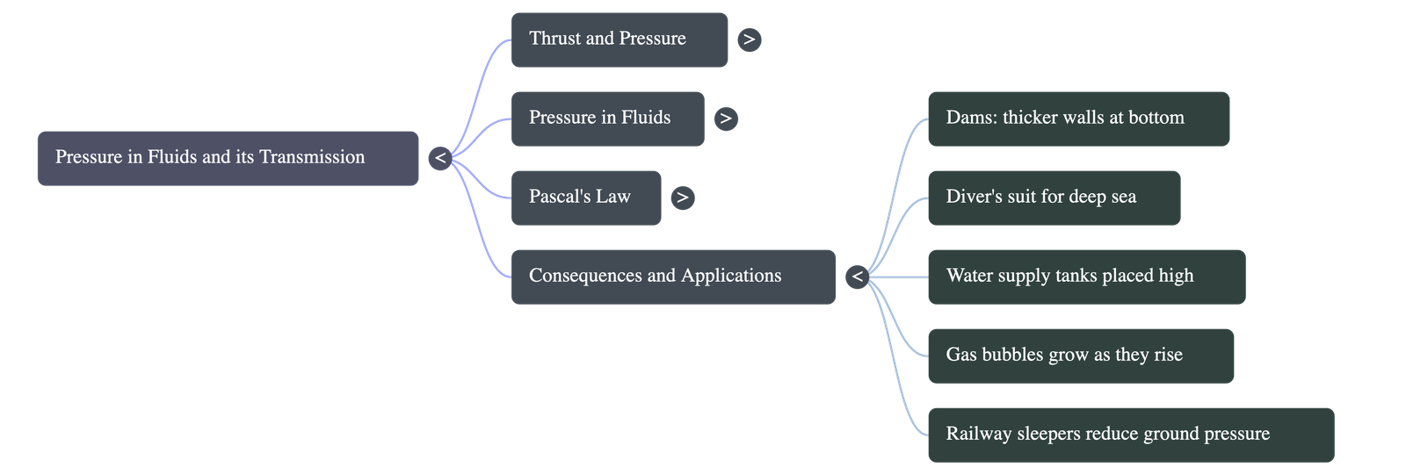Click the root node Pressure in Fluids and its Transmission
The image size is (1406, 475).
pos(228,158)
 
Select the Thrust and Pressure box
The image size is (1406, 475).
pos(620,40)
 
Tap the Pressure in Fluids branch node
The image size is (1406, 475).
pos(607,119)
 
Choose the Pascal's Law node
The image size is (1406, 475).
pos(586,198)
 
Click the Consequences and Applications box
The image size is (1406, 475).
pos(673,277)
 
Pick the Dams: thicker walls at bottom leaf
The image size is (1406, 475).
pos(1079,119)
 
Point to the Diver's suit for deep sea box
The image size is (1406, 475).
pos(1054,198)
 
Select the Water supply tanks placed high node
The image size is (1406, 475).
pos(1087,277)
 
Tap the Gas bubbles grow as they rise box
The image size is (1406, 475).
pos(1081,356)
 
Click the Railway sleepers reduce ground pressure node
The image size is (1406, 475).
pos(1131,435)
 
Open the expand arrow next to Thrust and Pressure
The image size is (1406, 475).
pos(750,40)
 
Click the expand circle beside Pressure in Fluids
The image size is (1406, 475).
pos(726,119)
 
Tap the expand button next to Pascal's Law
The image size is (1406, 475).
pos(683,198)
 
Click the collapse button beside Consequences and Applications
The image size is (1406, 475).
pos(858,277)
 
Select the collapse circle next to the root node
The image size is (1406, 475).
pos(440,158)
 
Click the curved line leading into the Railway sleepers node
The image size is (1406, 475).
pos(895,364)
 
